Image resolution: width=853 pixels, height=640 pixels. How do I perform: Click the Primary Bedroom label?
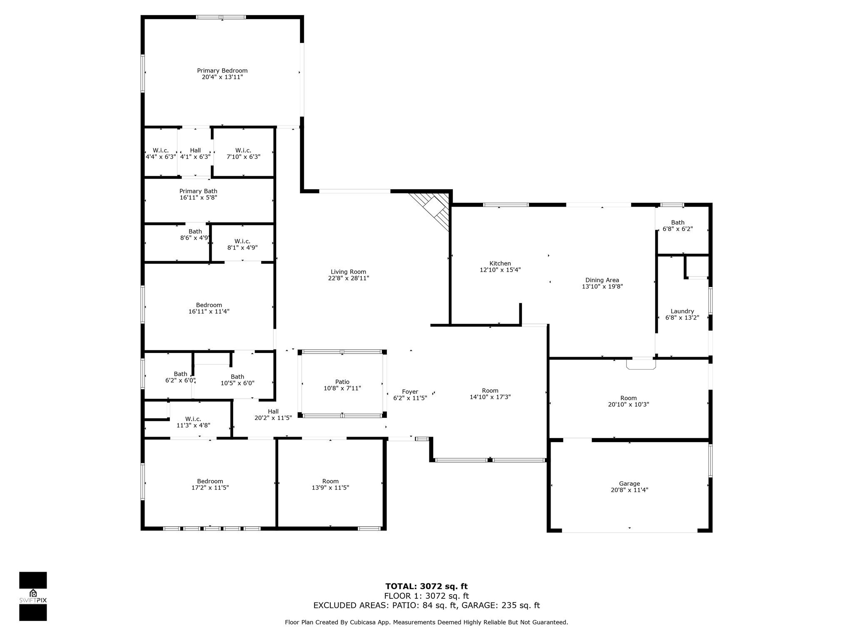[x=222, y=71]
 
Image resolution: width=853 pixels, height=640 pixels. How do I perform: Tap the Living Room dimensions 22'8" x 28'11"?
[x=348, y=278]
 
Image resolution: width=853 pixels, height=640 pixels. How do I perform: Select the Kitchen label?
[x=500, y=263]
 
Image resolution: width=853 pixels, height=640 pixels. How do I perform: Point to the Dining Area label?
[x=602, y=280]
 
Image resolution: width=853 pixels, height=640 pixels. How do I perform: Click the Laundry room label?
[x=682, y=311]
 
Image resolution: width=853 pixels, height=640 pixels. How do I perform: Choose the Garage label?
[x=629, y=484]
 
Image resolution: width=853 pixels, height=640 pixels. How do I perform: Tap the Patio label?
[x=342, y=382]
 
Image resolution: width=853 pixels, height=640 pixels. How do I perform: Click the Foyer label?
[x=410, y=392]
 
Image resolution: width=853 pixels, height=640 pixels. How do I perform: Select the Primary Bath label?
[x=198, y=191]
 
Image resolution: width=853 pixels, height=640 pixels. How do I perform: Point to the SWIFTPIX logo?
[x=33, y=596]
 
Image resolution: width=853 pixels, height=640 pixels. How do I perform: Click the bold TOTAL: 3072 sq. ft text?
[x=426, y=587]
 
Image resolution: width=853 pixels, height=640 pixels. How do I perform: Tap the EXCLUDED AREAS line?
[x=426, y=605]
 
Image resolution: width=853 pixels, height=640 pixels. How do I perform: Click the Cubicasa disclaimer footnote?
[x=426, y=622]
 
